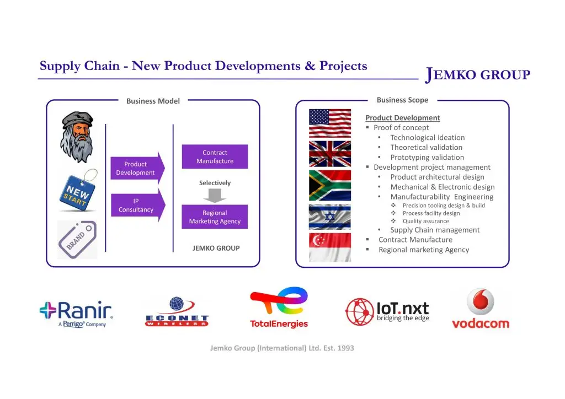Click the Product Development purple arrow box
[x=137, y=169]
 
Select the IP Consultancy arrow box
[x=138, y=206]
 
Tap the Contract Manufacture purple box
[x=215, y=157]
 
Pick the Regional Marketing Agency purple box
[x=215, y=217]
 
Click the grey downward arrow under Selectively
[x=215, y=195]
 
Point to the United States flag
[x=330, y=123]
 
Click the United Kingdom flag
[x=330, y=154]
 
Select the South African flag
[x=330, y=185]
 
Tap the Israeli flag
[x=330, y=217]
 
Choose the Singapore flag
[x=330, y=247]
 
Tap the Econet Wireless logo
[x=177, y=311]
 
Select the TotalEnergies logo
[x=279, y=308]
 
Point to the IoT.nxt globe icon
[x=359, y=311]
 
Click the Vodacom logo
[x=481, y=309]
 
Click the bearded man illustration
[x=77, y=137]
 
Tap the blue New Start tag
[x=78, y=191]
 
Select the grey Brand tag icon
[x=77, y=240]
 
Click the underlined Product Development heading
[x=402, y=117]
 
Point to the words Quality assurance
[x=426, y=221]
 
